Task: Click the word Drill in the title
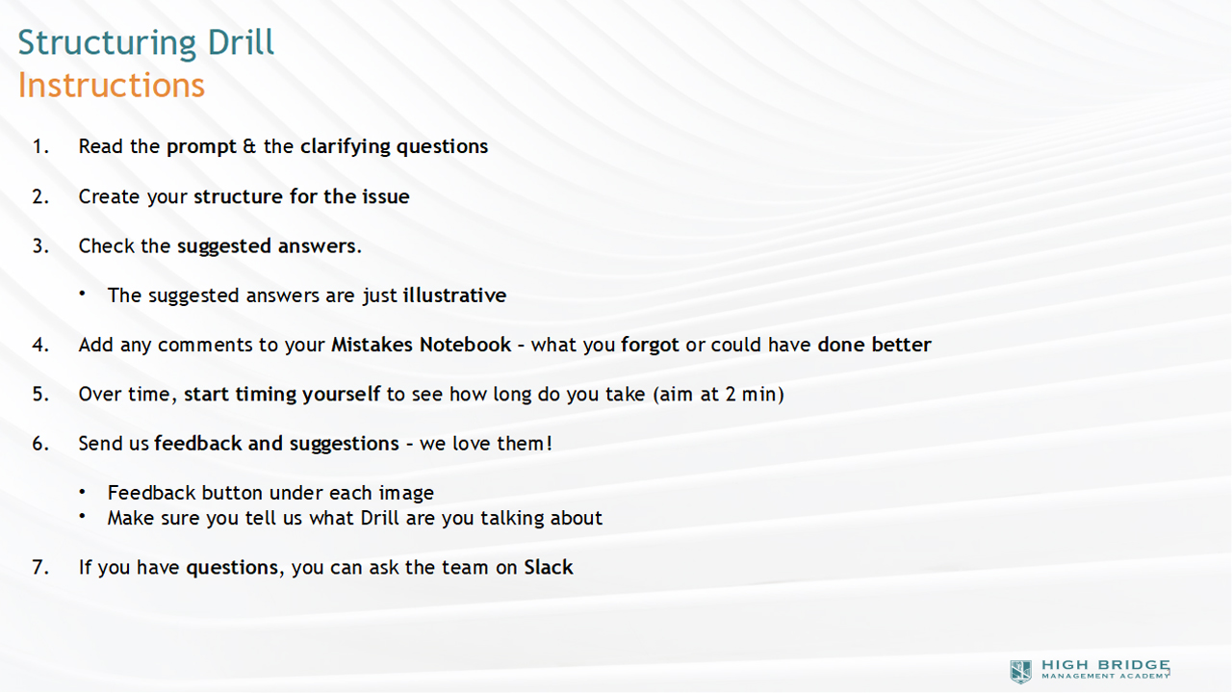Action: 241,43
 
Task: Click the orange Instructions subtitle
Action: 112,86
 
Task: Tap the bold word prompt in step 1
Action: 201,147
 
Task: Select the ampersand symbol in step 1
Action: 249,146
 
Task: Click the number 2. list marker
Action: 40,196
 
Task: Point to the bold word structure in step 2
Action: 238,196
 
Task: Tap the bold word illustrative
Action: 454,295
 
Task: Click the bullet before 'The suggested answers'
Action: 82,294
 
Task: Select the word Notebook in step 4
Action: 465,345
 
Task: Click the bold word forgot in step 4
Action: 650,346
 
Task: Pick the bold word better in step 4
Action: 901,345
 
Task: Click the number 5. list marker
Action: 40,395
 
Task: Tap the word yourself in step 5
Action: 341,395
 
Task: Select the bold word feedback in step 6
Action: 197,444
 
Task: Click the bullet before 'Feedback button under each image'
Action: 82,491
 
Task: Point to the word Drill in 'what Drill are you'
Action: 379,518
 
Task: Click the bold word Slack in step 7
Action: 548,567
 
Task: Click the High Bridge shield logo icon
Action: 1021,672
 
